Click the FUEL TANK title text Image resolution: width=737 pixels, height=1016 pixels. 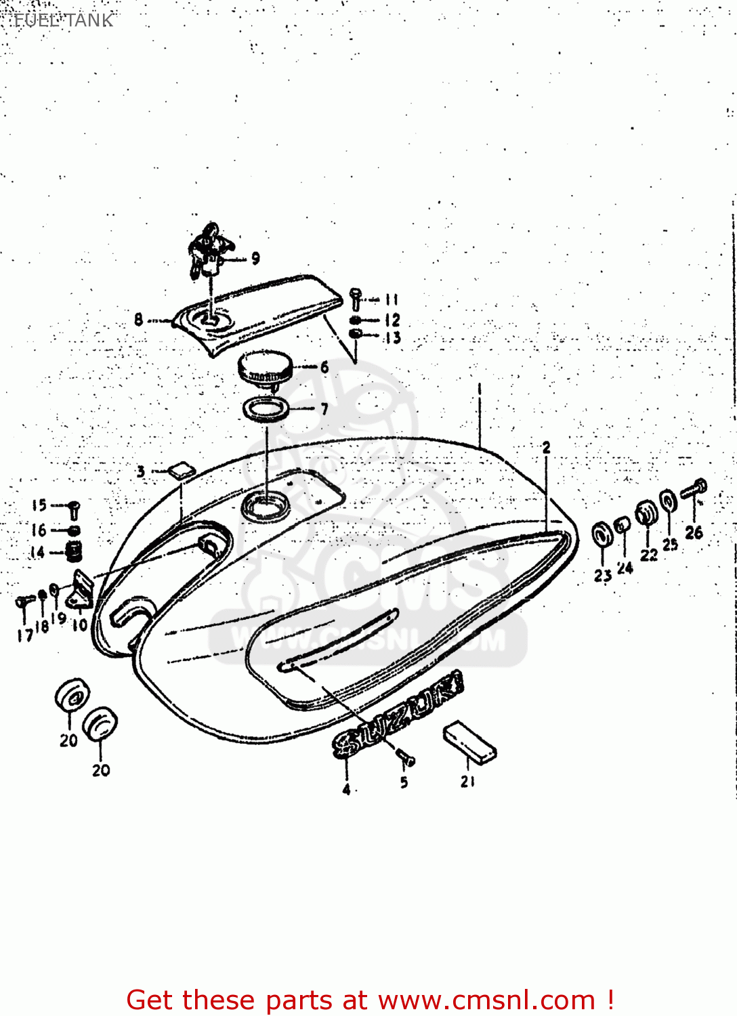(x=64, y=20)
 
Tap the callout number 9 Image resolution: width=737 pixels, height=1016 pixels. (x=255, y=258)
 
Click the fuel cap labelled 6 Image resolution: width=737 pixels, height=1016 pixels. (x=265, y=368)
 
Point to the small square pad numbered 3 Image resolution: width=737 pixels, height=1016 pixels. (x=181, y=470)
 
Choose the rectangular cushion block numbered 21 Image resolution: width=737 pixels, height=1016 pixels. (x=470, y=742)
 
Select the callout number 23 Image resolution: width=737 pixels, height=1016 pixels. (x=603, y=576)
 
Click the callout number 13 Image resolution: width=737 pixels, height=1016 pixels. (x=392, y=337)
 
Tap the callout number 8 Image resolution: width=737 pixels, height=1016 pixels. (x=139, y=319)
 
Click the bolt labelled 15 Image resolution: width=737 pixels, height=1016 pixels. (x=74, y=509)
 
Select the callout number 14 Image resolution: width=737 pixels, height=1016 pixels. (x=37, y=552)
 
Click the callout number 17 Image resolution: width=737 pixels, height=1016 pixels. (x=24, y=635)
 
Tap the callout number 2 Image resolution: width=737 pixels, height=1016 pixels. (x=546, y=447)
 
